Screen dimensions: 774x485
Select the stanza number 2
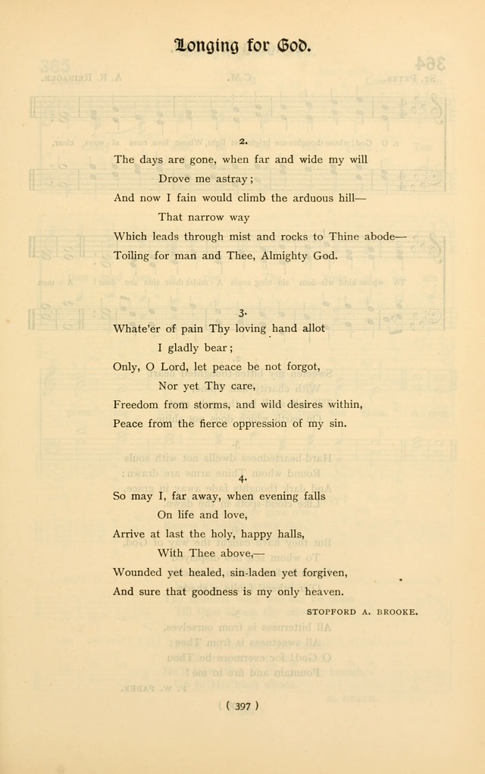click(x=242, y=141)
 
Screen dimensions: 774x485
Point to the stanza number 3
click(x=242, y=312)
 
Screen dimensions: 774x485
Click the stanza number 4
click(x=242, y=478)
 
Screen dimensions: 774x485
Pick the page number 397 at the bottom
click(x=242, y=706)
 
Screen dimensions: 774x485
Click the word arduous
click(x=308, y=198)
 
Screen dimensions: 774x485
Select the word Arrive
click(x=130, y=534)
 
